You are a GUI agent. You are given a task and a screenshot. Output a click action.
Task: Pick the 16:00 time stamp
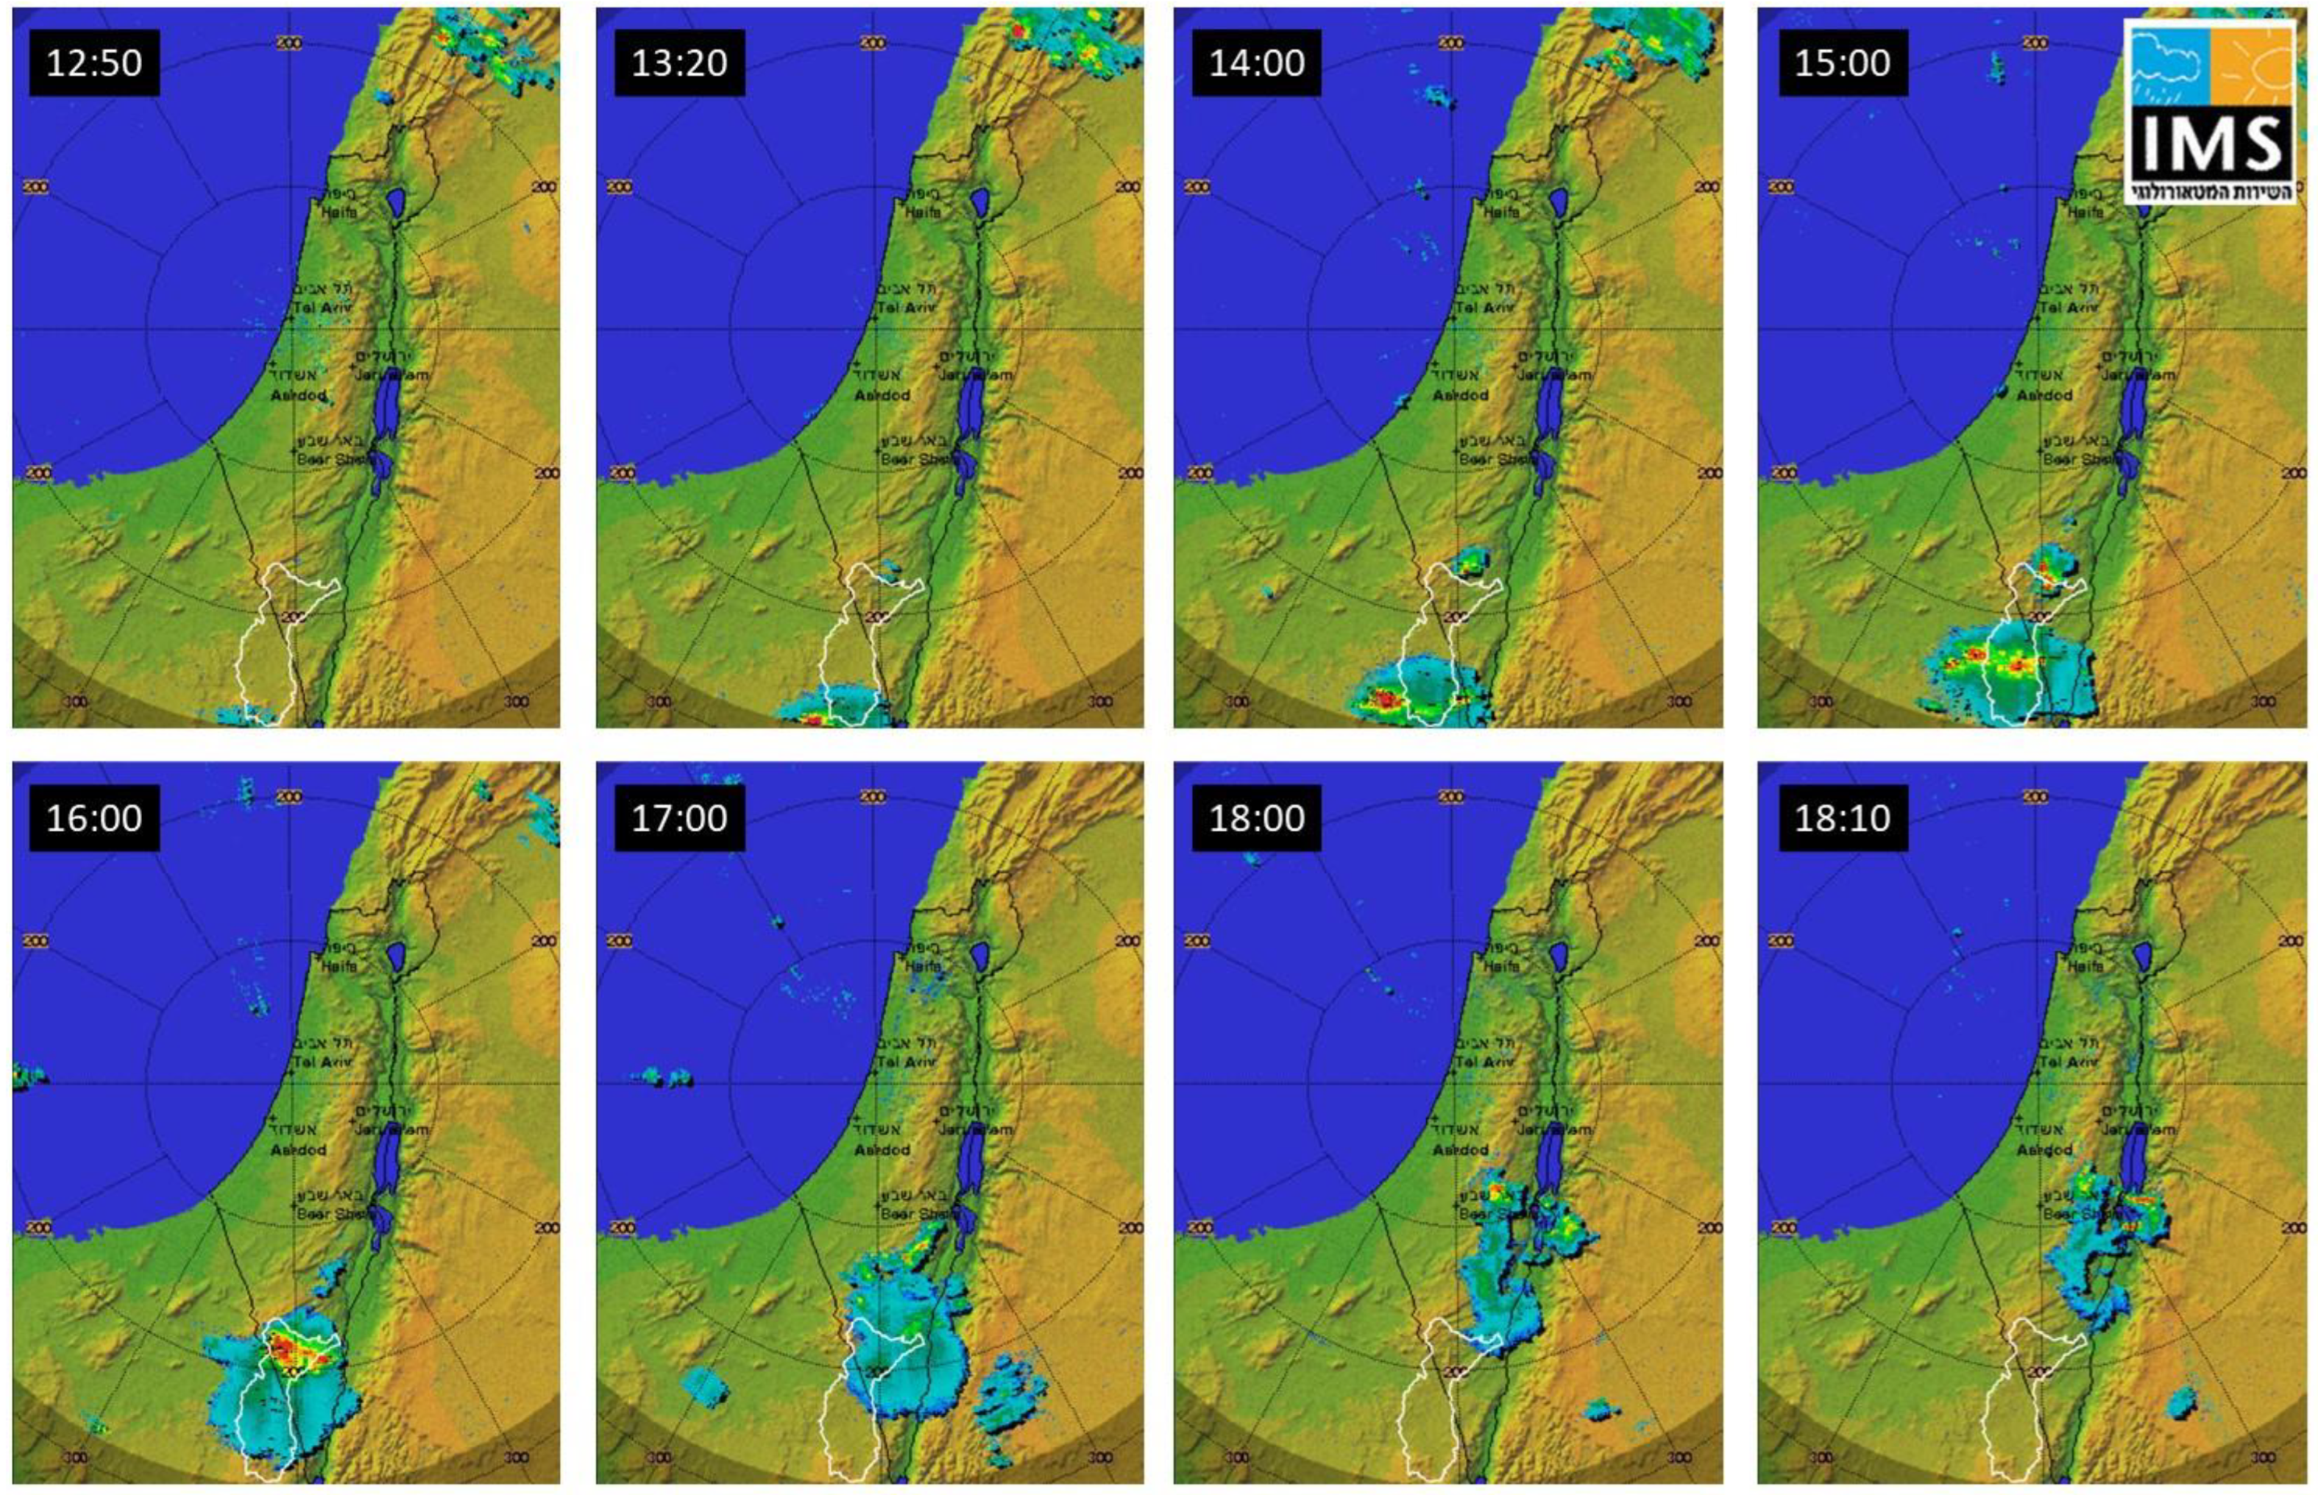94,817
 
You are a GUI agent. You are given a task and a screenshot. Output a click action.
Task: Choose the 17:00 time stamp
679,817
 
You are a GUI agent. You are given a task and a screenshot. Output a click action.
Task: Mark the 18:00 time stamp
1256,817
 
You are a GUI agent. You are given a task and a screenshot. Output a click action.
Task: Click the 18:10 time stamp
1843,817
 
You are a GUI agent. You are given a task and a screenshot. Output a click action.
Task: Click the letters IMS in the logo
2209,143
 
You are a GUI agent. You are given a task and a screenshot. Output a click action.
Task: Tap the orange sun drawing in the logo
2252,66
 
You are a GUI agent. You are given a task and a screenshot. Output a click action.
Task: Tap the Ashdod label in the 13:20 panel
882,395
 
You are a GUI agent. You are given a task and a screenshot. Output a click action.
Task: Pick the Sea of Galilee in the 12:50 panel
395,203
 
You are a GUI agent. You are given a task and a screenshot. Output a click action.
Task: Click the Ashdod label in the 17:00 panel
882,1149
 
